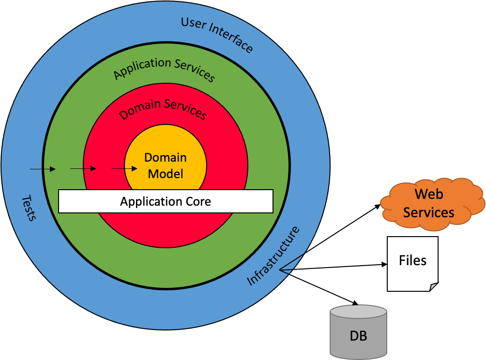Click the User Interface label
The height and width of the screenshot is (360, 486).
pyautogui.click(x=217, y=34)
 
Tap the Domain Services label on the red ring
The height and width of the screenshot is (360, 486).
pyautogui.click(x=163, y=109)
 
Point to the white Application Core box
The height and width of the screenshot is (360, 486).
pyautogui.click(x=166, y=201)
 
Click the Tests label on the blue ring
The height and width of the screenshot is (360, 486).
pyautogui.click(x=29, y=209)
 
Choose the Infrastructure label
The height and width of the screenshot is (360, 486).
pyautogui.click(x=273, y=256)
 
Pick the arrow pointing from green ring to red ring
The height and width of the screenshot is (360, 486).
pyautogui.click(x=84, y=169)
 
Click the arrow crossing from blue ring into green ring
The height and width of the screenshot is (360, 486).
pyautogui.click(x=43, y=169)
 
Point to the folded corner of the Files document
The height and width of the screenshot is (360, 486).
pyautogui.click(x=433, y=287)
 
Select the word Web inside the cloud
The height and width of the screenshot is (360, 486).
pyautogui.click(x=429, y=195)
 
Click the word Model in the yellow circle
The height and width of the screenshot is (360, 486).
pyautogui.click(x=166, y=174)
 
